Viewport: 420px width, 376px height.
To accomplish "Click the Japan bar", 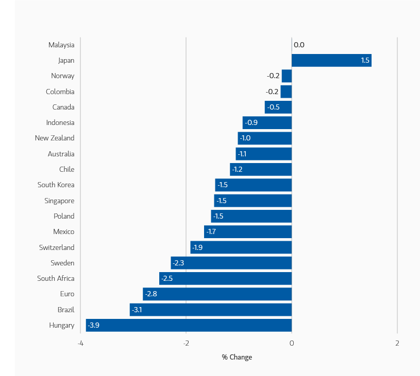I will click(x=331, y=61).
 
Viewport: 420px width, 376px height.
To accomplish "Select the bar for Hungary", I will click(x=189, y=325).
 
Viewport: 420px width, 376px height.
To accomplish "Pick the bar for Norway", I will click(x=287, y=76).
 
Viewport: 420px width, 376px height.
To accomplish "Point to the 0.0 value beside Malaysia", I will click(x=299, y=45).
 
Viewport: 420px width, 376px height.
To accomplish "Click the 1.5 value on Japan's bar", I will click(x=365, y=61).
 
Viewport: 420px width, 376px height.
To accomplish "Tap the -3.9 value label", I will click(x=94, y=325).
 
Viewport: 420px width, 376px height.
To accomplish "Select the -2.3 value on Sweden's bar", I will click(x=178, y=263).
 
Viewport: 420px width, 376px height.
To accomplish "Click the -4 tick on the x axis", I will click(x=80, y=344).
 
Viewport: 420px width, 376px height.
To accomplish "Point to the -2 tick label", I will click(x=186, y=344).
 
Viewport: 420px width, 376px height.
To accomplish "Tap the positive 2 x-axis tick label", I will click(x=397, y=344).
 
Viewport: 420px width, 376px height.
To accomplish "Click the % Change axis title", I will click(x=237, y=357).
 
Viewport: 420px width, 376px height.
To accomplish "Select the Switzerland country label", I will click(x=57, y=247).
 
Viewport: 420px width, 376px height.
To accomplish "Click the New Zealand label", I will click(x=55, y=138).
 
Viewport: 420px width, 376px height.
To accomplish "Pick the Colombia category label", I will click(x=60, y=92).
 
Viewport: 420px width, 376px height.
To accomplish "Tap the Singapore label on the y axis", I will click(x=59, y=201).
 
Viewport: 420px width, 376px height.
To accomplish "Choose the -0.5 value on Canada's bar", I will click(x=274, y=107).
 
